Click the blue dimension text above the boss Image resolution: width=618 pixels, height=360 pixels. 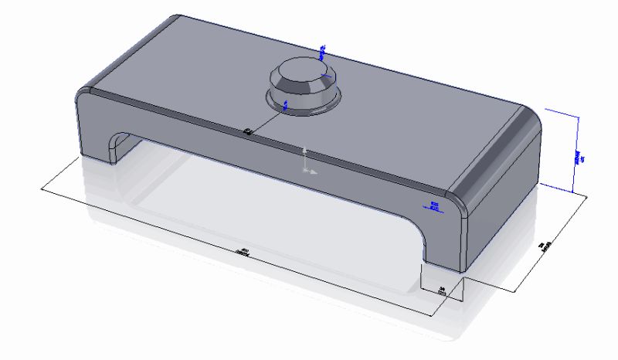click(323, 52)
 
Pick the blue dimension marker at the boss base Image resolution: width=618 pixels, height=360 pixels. click(286, 104)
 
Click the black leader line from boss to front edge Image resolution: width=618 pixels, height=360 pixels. click(267, 120)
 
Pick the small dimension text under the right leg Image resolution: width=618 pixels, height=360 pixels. click(442, 291)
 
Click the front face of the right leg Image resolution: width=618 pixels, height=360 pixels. click(444, 239)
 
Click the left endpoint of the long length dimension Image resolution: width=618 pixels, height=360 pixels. click(40, 188)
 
